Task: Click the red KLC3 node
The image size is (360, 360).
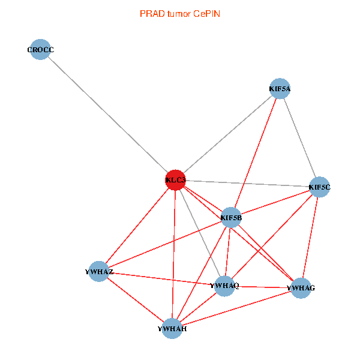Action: tap(175, 181)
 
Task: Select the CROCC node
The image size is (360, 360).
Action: tap(40, 50)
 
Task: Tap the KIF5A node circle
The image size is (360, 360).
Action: tap(280, 89)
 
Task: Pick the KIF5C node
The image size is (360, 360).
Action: tap(319, 187)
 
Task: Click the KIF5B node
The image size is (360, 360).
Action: tap(232, 217)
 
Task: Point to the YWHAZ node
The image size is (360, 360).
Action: tap(99, 272)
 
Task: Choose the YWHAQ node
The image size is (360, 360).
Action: tap(224, 286)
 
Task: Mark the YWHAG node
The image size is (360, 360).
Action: tap(300, 289)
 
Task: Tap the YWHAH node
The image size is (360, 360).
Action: tap(172, 328)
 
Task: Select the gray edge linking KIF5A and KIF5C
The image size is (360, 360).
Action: tap(299, 138)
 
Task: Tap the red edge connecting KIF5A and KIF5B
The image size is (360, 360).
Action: tap(256, 153)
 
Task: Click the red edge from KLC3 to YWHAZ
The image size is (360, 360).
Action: tap(137, 226)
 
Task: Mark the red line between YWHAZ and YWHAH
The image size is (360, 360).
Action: tap(136, 300)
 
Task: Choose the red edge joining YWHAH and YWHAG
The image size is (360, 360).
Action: tap(236, 308)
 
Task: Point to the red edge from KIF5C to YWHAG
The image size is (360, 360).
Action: tap(310, 238)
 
